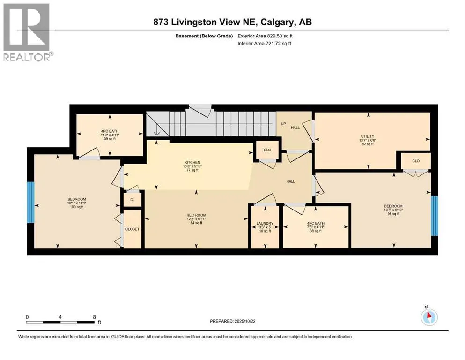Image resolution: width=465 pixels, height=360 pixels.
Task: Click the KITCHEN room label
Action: tap(192, 162)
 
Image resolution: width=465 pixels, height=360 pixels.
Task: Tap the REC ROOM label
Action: tap(196, 215)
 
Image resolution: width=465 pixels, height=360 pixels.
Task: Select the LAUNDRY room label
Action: tap(265, 224)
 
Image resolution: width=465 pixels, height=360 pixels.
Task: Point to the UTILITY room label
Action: tap(368, 136)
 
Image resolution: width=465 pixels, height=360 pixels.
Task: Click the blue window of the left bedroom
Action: tap(31, 202)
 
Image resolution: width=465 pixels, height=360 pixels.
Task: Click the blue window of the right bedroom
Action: tap(434, 216)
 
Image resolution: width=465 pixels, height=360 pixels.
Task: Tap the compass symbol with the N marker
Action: tap(429, 316)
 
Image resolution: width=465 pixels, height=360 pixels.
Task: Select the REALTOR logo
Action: tap(27, 32)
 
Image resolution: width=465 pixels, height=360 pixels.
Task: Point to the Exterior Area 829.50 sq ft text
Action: tap(265, 36)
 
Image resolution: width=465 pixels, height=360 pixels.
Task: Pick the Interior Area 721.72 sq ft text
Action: tap(264, 43)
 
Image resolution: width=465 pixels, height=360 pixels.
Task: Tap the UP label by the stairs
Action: tap(283, 124)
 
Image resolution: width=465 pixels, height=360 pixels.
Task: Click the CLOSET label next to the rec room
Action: tap(132, 229)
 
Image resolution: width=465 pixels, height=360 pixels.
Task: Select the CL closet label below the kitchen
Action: tap(133, 200)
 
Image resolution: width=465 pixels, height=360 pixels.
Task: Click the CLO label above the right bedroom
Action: tap(416, 161)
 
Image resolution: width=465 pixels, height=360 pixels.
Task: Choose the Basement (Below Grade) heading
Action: tap(204, 36)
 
